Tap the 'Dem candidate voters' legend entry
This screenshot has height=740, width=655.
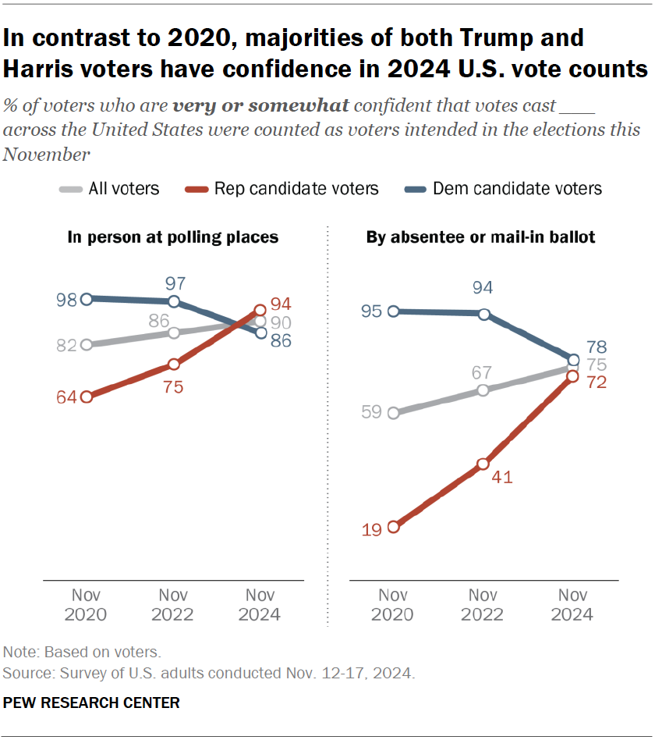[503, 188]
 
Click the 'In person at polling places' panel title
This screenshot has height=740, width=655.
[173, 237]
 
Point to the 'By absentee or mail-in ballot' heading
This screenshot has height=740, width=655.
[480, 237]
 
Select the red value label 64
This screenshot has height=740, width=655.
[65, 397]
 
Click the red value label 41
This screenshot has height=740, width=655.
[503, 478]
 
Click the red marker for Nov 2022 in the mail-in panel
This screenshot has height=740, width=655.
[483, 464]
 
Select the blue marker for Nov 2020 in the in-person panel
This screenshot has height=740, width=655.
[87, 298]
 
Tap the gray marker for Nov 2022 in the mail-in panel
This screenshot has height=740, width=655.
[483, 390]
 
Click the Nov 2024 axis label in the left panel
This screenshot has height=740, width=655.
[260, 605]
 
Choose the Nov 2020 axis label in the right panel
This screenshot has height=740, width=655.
[394, 605]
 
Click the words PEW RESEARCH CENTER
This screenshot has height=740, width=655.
[91, 703]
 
